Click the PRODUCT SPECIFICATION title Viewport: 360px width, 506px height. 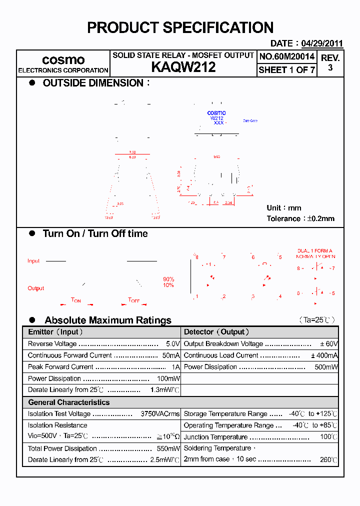pyautogui.click(x=180, y=27)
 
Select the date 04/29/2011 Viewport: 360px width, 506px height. pyautogui.click(x=322, y=43)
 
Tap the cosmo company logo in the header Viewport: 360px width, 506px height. pyautogui.click(x=63, y=60)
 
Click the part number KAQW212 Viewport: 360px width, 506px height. pyautogui.click(x=183, y=67)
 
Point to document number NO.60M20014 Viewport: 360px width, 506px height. pyautogui.click(x=287, y=56)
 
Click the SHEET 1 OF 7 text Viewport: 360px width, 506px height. pyautogui.click(x=287, y=70)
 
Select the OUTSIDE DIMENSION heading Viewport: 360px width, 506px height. pyautogui.click(x=93, y=83)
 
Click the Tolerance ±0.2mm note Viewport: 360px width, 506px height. pyautogui.click(x=300, y=218)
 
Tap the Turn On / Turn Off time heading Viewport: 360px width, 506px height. pyautogui.click(x=95, y=233)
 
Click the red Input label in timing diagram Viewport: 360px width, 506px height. pyautogui.click(x=33, y=261)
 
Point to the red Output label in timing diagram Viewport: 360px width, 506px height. pyautogui.click(x=35, y=288)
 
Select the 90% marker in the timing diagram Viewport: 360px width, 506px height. pyautogui.click(x=168, y=279)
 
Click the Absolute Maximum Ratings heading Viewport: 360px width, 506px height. pyautogui.click(x=107, y=320)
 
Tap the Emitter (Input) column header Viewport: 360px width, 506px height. pyautogui.click(x=55, y=332)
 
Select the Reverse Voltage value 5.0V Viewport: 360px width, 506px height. pyautogui.click(x=172, y=344)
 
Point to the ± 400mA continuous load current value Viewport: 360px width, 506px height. pyautogui.click(x=324, y=355)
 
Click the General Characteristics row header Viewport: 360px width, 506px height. pyautogui.click(x=68, y=402)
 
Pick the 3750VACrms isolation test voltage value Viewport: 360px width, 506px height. pyautogui.click(x=160, y=414)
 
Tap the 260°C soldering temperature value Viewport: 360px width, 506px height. pyautogui.click(x=328, y=459)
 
